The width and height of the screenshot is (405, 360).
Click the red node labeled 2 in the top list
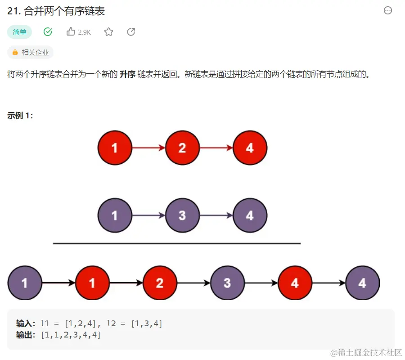point(182,148)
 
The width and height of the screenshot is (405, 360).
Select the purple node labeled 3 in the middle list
point(182,216)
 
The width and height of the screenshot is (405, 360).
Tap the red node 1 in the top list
point(115,148)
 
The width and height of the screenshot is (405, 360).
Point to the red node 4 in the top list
point(250,148)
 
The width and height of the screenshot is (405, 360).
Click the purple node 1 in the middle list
point(115,216)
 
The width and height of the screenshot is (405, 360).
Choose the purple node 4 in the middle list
point(250,216)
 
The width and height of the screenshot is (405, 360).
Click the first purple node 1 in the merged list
point(25,283)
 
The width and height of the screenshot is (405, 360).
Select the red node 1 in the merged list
point(92,283)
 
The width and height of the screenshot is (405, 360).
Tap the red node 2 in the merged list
point(160,283)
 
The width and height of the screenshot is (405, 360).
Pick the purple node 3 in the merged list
point(227,283)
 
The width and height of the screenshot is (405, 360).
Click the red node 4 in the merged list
point(295,283)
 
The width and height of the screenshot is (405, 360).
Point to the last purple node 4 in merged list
point(362,283)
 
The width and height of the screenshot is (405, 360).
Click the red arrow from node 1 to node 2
point(148,148)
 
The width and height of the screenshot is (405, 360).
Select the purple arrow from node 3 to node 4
point(216,216)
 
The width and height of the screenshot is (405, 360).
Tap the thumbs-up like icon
point(71,31)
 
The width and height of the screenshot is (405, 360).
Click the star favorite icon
point(108,32)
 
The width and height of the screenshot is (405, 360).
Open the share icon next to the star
point(131,32)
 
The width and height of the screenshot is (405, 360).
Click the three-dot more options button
point(387,11)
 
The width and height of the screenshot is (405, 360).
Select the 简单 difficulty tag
point(19,32)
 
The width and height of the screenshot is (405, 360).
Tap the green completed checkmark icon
point(48,32)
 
